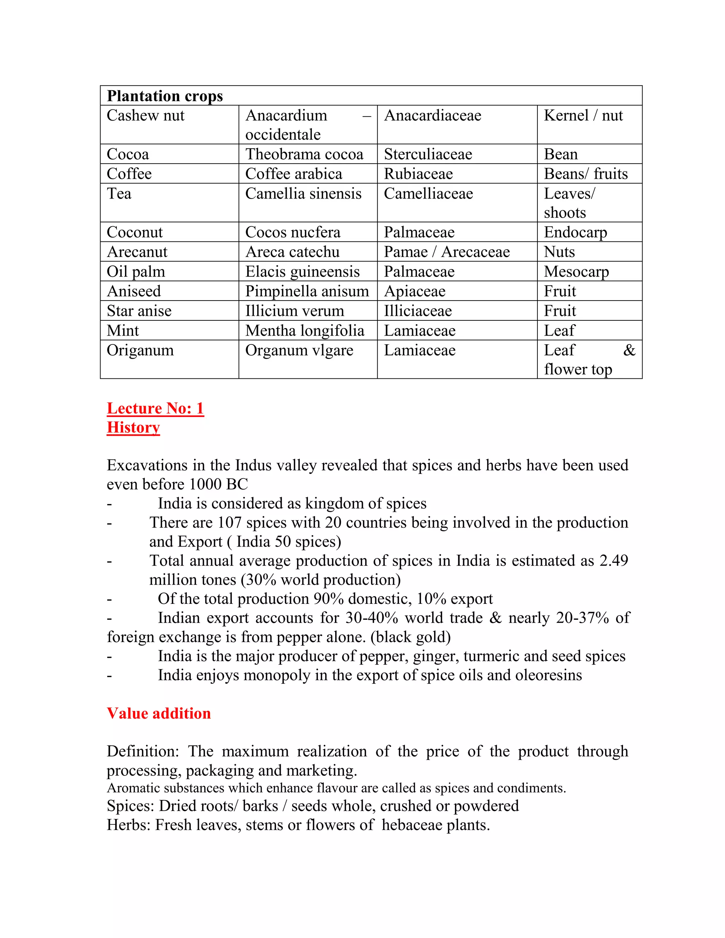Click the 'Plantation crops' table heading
(x=165, y=96)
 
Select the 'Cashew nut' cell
(x=145, y=115)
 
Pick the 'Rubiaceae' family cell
(x=418, y=174)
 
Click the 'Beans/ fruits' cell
(x=586, y=174)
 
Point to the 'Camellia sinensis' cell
(x=303, y=194)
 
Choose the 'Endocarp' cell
(x=575, y=232)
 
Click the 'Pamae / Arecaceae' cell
(x=447, y=252)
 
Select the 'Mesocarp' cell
(x=576, y=272)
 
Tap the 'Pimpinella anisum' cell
(x=307, y=291)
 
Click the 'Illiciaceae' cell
(x=417, y=311)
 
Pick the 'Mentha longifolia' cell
(x=304, y=331)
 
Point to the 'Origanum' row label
(x=140, y=350)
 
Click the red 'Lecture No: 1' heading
(x=155, y=408)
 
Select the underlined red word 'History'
(x=133, y=427)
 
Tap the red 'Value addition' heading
(x=159, y=713)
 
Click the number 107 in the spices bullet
(x=229, y=523)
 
